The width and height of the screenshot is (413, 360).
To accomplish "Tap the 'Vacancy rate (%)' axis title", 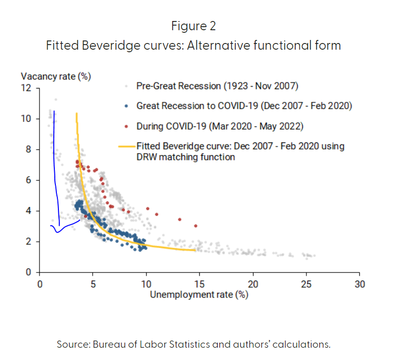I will click(56, 76).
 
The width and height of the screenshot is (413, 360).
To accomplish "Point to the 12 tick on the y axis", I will click(26, 88).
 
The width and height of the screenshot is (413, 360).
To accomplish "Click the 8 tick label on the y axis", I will click(29, 150).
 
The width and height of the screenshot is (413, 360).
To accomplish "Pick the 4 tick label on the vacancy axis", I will click(29, 211).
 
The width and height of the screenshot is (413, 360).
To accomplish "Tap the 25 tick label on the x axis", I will click(306, 284).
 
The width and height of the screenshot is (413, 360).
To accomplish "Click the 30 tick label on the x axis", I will click(360, 284).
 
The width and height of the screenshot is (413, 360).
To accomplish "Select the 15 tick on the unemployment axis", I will click(200, 284).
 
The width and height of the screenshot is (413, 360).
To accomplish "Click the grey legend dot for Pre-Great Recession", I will click(126, 86).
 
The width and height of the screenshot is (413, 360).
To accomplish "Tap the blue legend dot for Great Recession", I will click(126, 107).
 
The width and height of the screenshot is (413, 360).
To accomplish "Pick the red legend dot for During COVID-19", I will click(126, 126).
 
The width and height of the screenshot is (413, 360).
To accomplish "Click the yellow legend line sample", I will click(126, 146).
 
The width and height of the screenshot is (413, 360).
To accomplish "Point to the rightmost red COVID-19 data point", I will click(195, 226).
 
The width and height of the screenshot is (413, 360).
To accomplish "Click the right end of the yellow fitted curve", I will click(195, 250).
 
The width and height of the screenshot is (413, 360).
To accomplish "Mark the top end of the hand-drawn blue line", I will click(54, 111).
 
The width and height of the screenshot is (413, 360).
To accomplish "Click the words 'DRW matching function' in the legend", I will click(185, 157).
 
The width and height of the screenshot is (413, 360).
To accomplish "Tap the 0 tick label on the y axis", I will click(29, 272).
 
